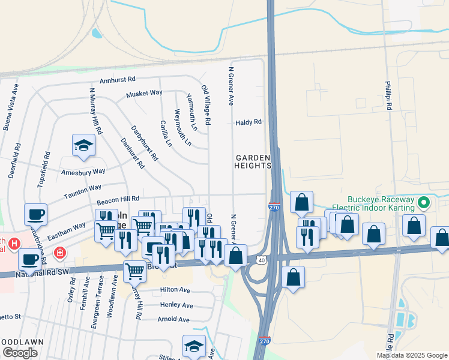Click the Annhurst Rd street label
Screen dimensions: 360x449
pos(118,79)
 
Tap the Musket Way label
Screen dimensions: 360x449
pos(144,94)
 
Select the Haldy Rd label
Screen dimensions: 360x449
pos(249,122)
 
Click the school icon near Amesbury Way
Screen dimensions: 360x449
pos(83,145)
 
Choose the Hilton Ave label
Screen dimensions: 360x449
pos(175,290)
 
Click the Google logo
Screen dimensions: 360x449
pos(20,353)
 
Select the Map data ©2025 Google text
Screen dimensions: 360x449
pos(411,355)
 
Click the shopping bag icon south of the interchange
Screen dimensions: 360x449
pos(293,278)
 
